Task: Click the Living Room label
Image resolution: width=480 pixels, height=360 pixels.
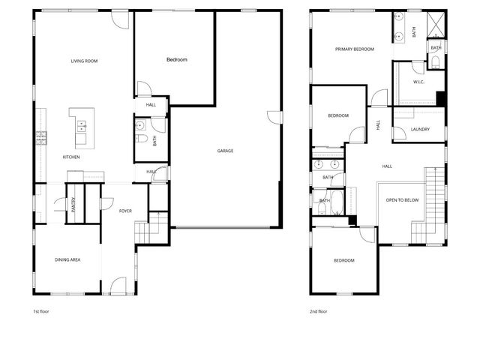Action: pos(85,61)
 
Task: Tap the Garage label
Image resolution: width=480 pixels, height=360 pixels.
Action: pos(225,151)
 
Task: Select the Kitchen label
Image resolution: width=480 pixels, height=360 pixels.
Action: pos(71,157)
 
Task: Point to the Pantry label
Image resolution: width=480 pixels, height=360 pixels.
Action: pos(73,205)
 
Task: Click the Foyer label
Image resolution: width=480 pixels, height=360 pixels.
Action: pos(125,211)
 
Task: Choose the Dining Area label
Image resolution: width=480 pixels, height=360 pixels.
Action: pos(67,259)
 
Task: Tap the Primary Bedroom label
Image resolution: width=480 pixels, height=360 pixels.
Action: pos(354,49)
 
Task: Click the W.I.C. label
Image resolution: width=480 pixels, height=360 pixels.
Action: pos(419,82)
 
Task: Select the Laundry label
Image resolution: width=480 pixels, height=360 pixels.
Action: pos(420,129)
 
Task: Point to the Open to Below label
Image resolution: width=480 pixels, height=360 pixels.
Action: pos(401,200)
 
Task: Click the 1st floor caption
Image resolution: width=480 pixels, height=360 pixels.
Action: pos(40,310)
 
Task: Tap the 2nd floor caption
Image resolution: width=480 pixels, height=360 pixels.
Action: pos(318,310)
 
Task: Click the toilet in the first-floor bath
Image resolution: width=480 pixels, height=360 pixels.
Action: pos(140,138)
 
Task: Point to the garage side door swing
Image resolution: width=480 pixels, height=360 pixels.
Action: pos(275,117)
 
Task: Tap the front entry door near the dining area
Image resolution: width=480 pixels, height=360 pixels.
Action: pos(118,285)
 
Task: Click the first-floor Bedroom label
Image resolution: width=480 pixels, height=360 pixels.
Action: pos(176,59)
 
